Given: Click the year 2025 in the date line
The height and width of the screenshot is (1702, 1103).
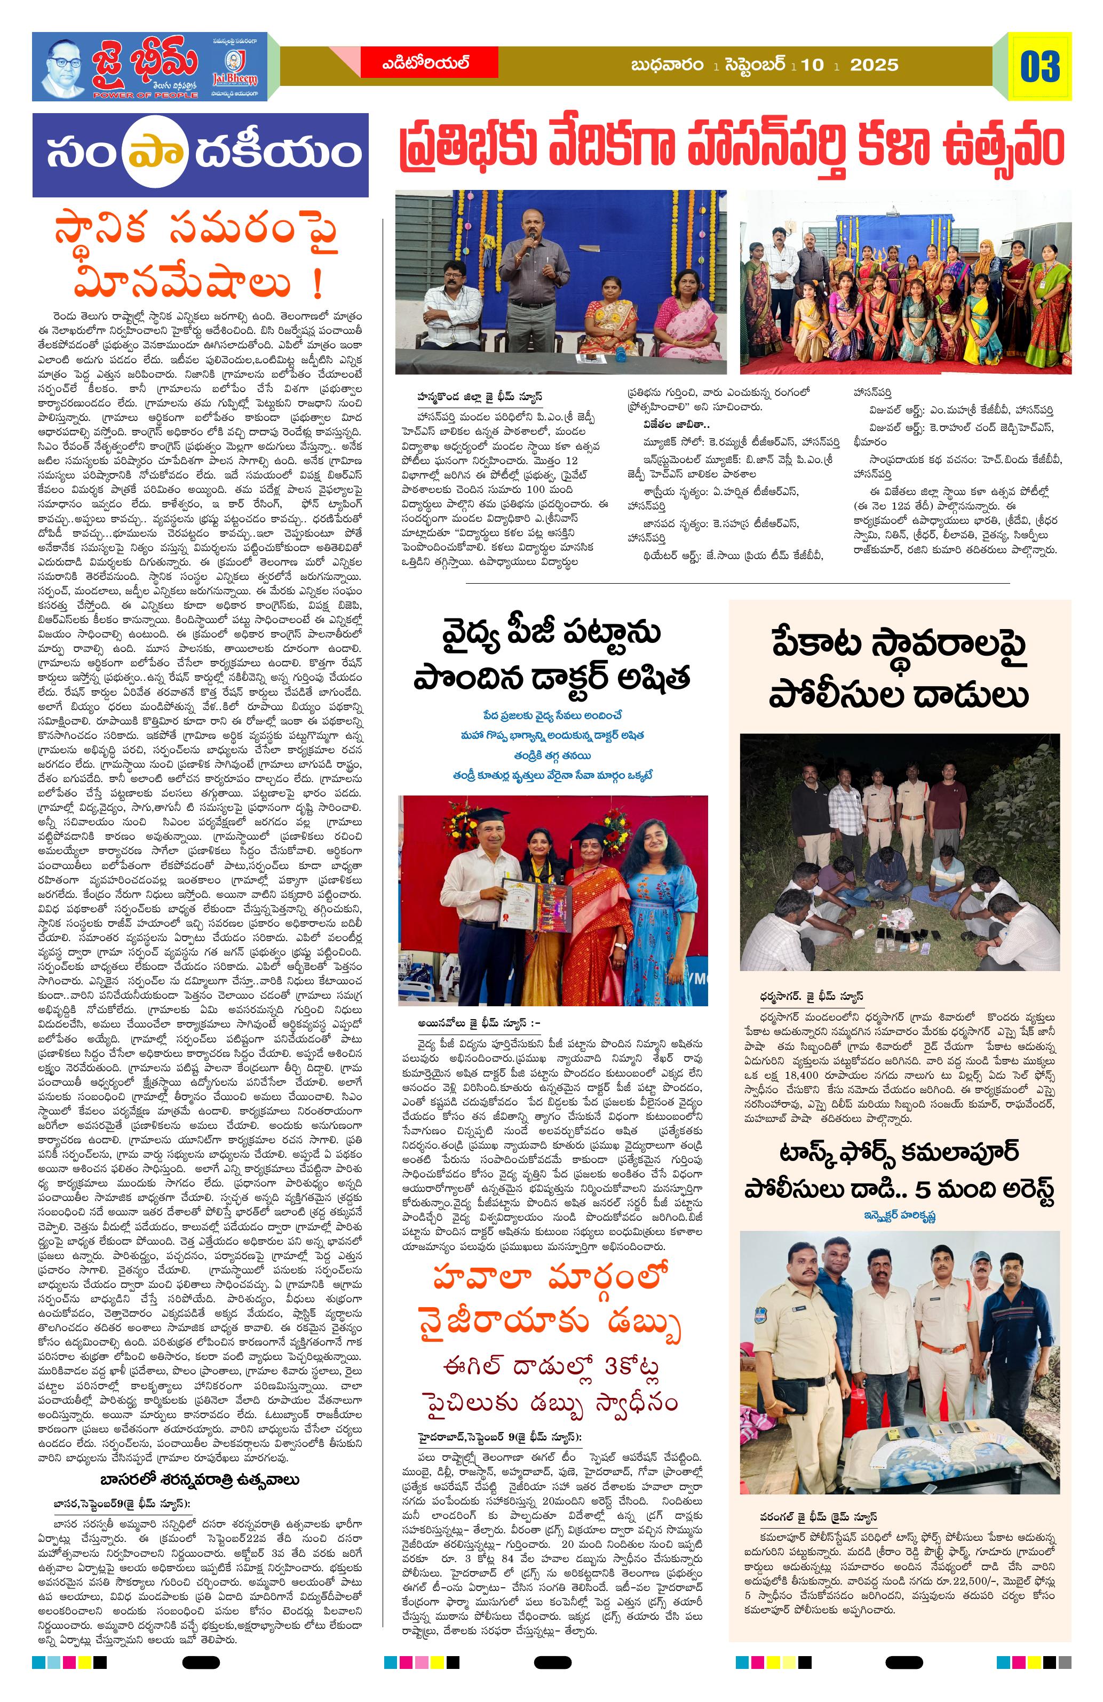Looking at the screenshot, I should (874, 65).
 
